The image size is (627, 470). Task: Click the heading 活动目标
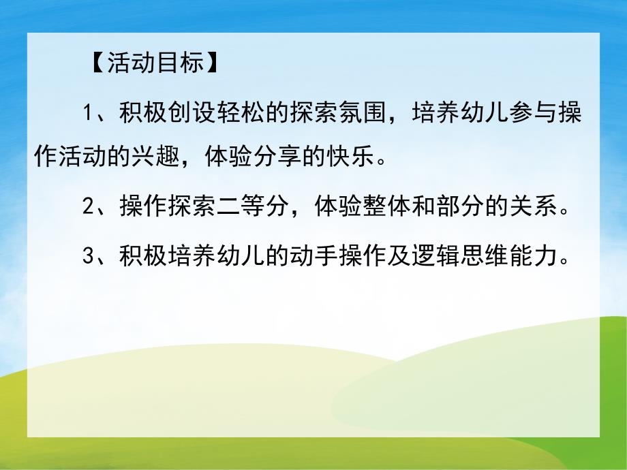pos(154,64)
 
